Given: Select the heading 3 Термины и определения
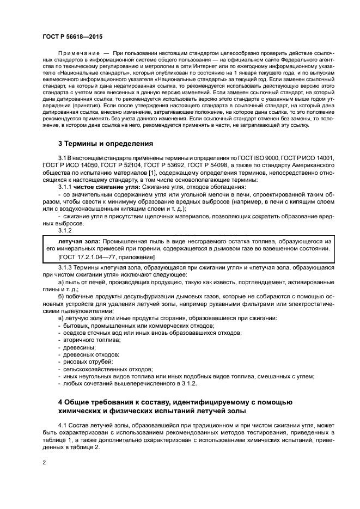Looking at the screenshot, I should click(106, 144).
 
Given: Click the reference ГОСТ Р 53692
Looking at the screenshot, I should click(167, 165).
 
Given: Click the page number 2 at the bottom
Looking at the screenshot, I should click(44, 462).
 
